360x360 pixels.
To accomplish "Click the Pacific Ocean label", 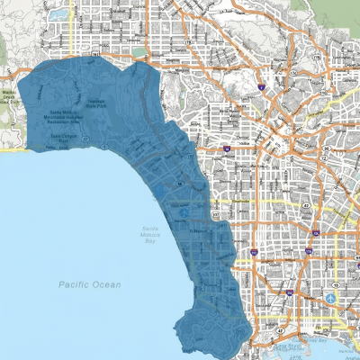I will coord(89,284).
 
